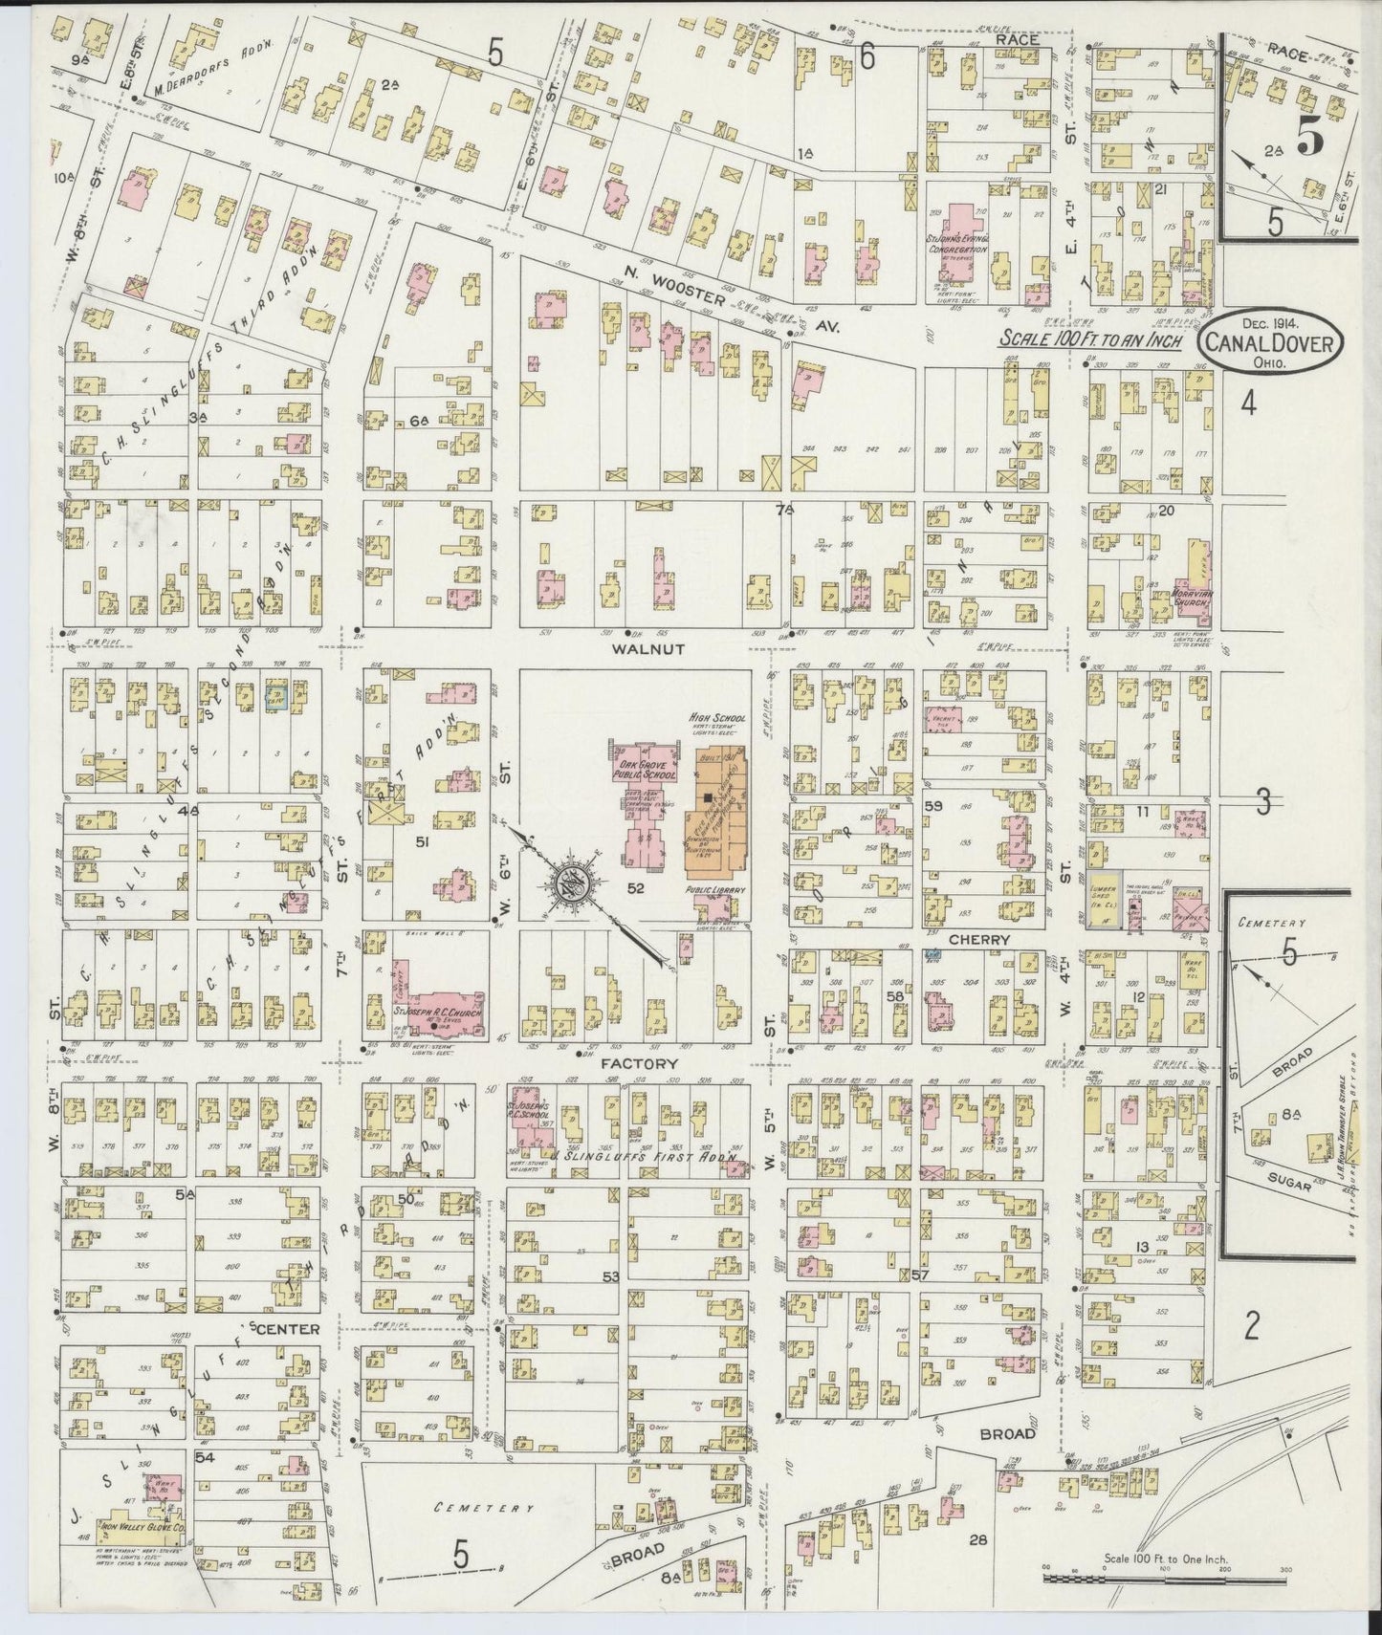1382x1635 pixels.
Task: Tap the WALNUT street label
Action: click(647, 648)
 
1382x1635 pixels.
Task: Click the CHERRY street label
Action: click(980, 939)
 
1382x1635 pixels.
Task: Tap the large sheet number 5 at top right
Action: click(1308, 139)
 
